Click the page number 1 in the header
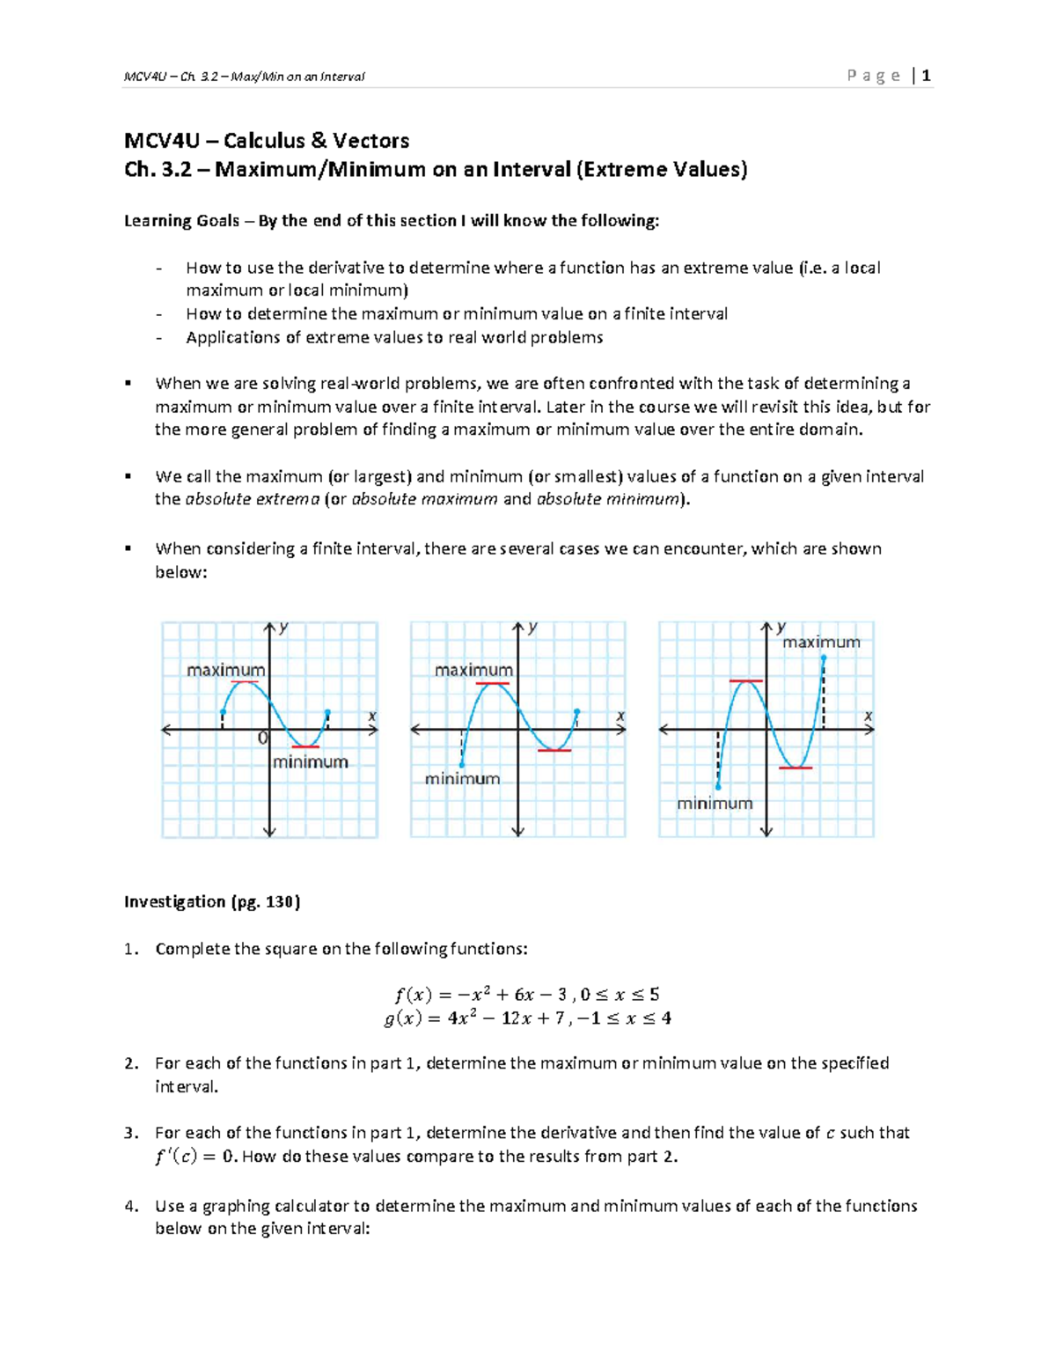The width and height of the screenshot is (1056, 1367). (927, 76)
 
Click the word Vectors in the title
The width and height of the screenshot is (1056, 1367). (370, 141)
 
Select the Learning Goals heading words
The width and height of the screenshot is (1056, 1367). (181, 221)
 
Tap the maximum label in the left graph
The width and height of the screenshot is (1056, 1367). (225, 670)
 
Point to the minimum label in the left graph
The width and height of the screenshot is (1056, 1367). (310, 762)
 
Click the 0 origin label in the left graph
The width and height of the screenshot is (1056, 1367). (262, 739)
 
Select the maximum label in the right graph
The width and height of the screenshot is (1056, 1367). (821, 643)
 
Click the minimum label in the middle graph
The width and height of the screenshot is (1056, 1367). (462, 779)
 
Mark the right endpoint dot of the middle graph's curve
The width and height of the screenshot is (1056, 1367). (577, 712)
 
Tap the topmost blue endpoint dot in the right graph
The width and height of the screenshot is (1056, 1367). (823, 658)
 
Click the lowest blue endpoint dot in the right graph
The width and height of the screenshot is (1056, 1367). (718, 787)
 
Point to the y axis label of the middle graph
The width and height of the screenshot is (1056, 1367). (532, 628)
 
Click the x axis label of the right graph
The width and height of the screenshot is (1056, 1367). (868, 717)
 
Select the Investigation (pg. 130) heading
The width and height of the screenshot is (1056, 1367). (212, 901)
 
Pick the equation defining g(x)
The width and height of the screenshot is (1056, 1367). (527, 1018)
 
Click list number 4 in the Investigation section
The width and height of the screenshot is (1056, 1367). (130, 1206)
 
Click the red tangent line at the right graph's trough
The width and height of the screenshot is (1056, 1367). (796, 768)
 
